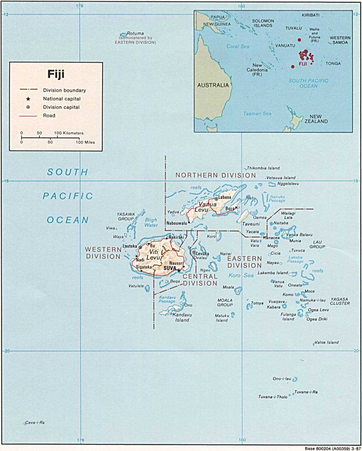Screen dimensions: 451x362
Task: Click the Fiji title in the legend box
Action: coord(56,74)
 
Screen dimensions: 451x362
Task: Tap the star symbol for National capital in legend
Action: coord(28,99)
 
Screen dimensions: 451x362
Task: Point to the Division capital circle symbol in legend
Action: coord(28,107)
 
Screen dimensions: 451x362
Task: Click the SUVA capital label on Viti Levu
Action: coord(170,268)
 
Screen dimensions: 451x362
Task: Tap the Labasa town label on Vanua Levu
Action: coord(224,197)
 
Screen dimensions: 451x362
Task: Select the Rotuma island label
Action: coord(135,33)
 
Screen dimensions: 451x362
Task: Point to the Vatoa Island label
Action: coord(327,342)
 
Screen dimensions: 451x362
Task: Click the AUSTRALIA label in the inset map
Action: coord(213,85)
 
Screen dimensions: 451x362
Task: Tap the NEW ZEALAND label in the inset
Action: coord(316,118)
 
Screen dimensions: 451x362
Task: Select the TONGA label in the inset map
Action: coord(333,63)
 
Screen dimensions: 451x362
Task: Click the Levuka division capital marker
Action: coord(194,252)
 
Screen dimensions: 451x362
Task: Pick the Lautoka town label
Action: coord(130,246)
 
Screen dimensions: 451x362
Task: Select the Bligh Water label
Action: coord(150,222)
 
